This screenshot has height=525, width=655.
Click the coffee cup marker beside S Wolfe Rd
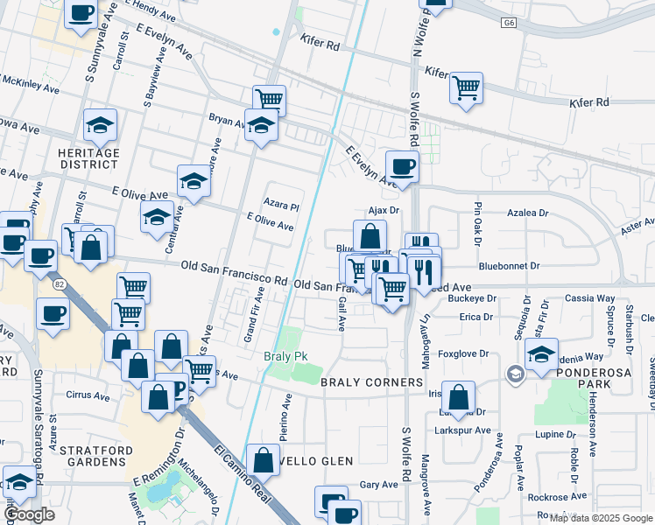coord(402,166)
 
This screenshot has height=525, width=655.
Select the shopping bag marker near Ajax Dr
coord(370,235)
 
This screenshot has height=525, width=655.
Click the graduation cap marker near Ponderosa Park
coord(542,354)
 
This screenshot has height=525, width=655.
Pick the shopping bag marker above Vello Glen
coord(263,459)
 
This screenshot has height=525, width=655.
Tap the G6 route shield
coord(508,22)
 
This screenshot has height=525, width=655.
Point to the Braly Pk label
coord(282,357)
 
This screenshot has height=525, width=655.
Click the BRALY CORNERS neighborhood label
coord(371,383)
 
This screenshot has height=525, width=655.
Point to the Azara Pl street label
coord(285,208)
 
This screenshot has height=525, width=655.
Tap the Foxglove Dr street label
coord(462,354)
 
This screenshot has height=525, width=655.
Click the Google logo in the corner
coord(30,514)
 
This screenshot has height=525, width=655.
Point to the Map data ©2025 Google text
coord(600,517)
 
